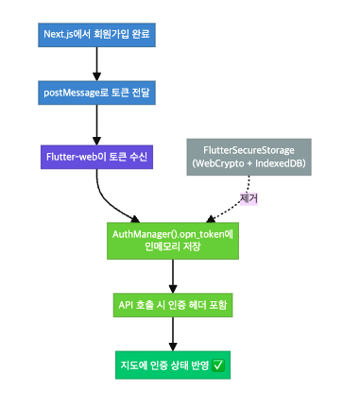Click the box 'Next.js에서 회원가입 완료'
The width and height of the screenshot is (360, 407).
(x=96, y=35)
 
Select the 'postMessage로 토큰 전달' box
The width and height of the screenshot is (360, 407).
(x=96, y=93)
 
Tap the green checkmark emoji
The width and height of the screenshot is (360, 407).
(x=219, y=364)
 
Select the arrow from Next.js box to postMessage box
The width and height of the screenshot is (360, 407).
(x=96, y=64)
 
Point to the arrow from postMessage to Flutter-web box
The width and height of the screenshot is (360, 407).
(x=96, y=123)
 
